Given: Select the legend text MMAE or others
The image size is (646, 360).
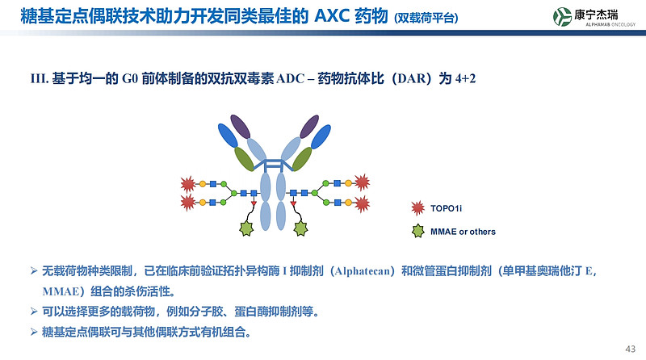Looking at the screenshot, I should [x=463, y=232].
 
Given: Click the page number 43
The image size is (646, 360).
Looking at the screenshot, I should [x=631, y=348].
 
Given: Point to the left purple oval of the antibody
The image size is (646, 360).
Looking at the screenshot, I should [x=241, y=127].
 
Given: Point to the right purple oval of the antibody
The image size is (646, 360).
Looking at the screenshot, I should [x=308, y=127].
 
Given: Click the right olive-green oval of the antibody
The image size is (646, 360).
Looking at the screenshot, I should [x=302, y=158].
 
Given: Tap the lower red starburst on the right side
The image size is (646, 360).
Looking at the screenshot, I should [x=361, y=203].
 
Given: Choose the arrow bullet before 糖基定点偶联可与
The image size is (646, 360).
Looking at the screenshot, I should [x=34, y=331].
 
